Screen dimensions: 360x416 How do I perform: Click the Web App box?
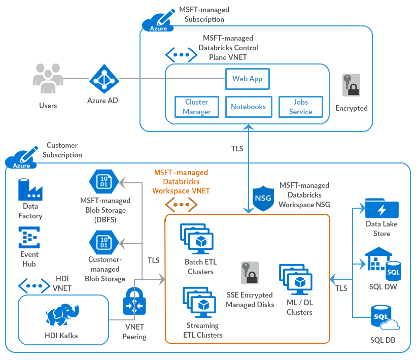click(x=247, y=79)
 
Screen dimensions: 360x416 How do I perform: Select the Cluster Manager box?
click(x=196, y=107)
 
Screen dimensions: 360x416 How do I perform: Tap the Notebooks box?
click(x=248, y=107)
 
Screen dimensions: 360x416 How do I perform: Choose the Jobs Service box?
click(x=300, y=107)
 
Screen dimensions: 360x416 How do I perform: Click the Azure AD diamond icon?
click(x=103, y=79)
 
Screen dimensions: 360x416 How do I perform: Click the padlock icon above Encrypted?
click(x=351, y=85)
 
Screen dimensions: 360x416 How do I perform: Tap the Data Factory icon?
click(x=30, y=189)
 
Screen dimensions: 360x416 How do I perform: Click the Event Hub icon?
click(x=29, y=237)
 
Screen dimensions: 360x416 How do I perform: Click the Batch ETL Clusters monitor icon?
click(x=198, y=238)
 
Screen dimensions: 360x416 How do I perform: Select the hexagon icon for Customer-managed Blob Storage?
click(x=103, y=242)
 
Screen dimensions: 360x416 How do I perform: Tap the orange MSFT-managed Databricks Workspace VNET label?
click(x=181, y=182)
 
